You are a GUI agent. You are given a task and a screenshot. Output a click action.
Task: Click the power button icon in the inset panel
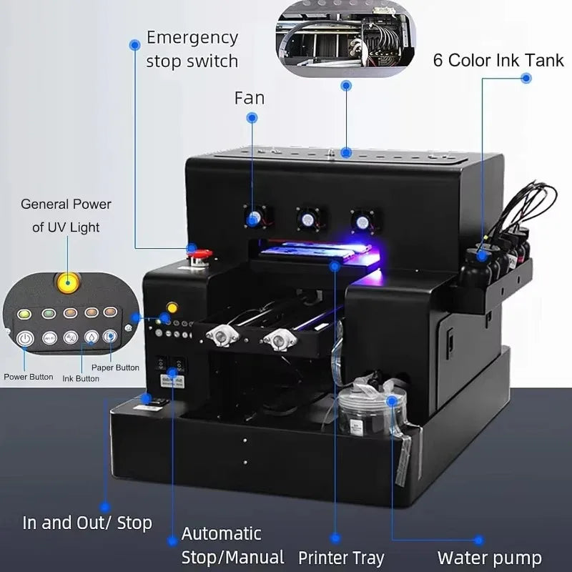26,337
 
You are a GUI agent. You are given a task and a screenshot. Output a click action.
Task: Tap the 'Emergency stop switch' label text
192,49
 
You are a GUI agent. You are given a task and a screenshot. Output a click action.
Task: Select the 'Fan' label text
250,97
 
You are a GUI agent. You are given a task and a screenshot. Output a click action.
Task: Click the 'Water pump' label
489,557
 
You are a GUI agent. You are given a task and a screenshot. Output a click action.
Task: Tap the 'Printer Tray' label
341,557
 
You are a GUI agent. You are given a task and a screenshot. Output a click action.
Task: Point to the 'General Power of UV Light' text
66,215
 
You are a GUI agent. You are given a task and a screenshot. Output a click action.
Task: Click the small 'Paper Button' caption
115,368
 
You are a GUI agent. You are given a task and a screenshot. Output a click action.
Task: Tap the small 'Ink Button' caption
81,378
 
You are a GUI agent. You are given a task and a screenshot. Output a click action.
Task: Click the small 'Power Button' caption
29,376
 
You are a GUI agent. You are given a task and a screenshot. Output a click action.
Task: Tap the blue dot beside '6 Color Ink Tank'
526,79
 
